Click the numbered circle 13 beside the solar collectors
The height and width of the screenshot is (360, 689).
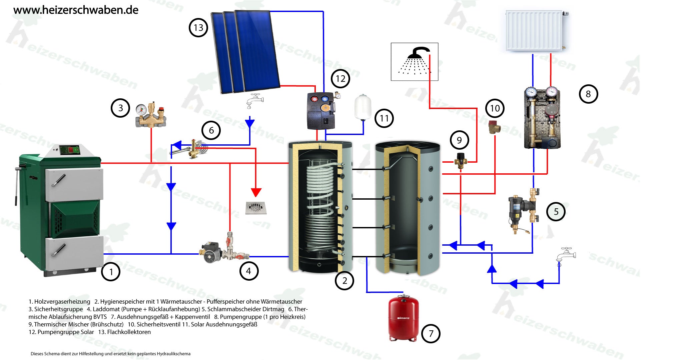coord(198,28)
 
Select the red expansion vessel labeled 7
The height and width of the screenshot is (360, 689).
coord(404,318)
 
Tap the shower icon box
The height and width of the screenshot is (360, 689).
coord(415,62)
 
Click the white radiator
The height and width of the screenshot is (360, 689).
coord(534,31)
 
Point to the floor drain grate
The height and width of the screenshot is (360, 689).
coord(256,208)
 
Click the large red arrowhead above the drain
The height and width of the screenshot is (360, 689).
coord(256,192)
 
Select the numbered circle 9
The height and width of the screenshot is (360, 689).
coord(459,140)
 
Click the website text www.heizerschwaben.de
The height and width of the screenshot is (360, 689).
coord(76,10)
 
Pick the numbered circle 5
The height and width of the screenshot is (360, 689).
coord(556,212)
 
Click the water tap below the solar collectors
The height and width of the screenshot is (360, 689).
coord(254,100)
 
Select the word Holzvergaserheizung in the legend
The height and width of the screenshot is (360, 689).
coord(62,302)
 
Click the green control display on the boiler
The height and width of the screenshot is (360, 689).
coord(70,150)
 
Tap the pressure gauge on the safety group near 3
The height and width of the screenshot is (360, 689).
coord(141,109)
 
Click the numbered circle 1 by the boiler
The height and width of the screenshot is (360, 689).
coord(111,272)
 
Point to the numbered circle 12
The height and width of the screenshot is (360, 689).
coord(340,79)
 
